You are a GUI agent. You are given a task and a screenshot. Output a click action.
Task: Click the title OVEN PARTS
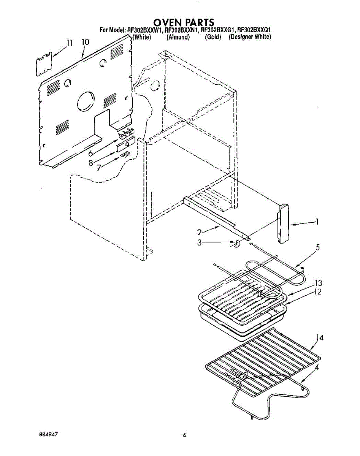pyautogui.click(x=184, y=22)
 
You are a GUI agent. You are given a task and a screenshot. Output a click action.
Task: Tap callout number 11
pyautogui.click(x=68, y=43)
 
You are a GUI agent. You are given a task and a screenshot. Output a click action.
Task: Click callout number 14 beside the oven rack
pyautogui.click(x=320, y=337)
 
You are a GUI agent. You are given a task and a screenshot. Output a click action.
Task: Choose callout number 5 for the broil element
pyautogui.click(x=317, y=247)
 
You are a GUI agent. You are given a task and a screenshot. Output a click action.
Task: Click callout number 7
pyautogui.click(x=99, y=167)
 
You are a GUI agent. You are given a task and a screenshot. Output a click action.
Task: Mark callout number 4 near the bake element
pyautogui.click(x=317, y=367)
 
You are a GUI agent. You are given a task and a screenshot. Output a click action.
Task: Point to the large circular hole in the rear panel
pyautogui.click(x=86, y=102)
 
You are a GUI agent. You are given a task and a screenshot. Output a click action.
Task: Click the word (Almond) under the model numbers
pyautogui.click(x=178, y=37)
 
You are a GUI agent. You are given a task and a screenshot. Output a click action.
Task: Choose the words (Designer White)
pyautogui.click(x=249, y=37)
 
